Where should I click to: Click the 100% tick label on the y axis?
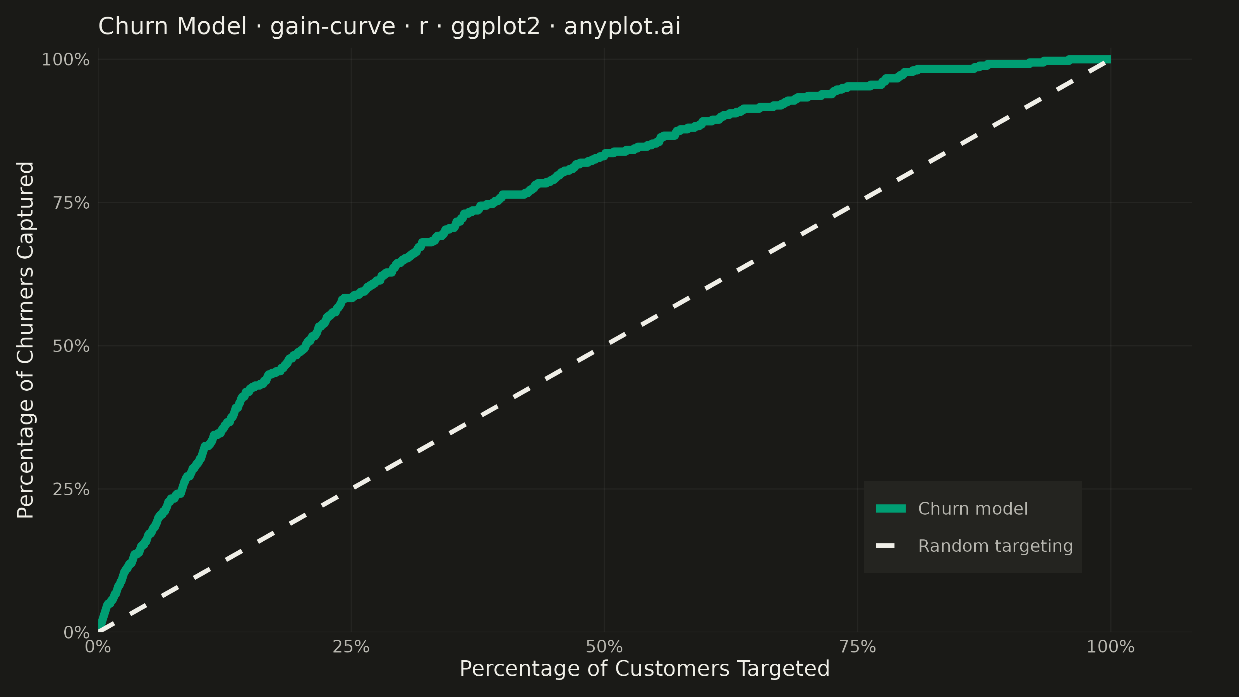[x=65, y=60]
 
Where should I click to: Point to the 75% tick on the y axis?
[x=71, y=203]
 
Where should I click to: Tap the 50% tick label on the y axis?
[x=71, y=346]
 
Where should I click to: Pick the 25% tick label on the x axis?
[x=351, y=647]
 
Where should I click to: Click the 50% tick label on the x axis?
[x=604, y=647]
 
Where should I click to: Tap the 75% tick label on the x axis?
[x=858, y=647]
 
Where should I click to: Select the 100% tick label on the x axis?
[x=1110, y=647]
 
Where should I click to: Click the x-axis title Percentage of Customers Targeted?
[x=645, y=669]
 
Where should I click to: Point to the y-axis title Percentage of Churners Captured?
[x=25, y=340]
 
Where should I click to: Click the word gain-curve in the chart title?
[x=333, y=26]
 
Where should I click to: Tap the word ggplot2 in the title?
[x=496, y=26]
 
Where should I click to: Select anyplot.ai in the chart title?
[x=622, y=26]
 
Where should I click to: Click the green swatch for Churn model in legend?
[x=891, y=508]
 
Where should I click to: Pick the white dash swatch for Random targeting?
[x=885, y=546]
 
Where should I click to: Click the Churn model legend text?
[x=973, y=508]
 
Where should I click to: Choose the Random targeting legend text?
[x=995, y=546]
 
